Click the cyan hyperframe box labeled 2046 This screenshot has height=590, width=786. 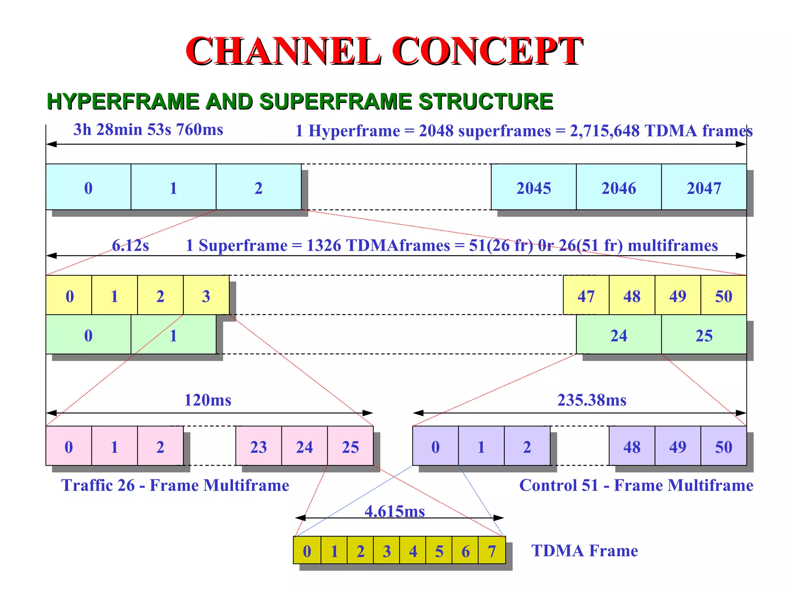[x=618, y=187]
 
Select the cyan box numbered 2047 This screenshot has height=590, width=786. [x=703, y=187]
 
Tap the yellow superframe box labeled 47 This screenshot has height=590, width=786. [x=586, y=295]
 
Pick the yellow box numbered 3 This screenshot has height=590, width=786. [x=206, y=295]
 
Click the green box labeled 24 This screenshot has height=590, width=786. [x=618, y=335]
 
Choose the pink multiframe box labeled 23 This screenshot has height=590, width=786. [x=258, y=446]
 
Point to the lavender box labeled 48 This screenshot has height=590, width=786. [x=631, y=446]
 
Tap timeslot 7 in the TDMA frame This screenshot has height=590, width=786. [x=492, y=551]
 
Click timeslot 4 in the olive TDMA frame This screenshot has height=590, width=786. [x=413, y=551]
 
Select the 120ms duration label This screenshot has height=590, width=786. [x=208, y=400]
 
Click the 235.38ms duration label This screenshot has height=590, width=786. [x=591, y=400]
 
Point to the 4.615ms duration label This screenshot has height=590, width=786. [x=395, y=511]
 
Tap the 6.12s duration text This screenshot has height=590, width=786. [x=130, y=245]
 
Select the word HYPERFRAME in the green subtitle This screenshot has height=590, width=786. [x=123, y=101]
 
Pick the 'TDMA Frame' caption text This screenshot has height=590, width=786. [x=584, y=550]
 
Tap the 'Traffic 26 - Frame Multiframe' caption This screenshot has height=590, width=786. [x=175, y=485]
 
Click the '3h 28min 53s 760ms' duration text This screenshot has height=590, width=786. [x=148, y=129]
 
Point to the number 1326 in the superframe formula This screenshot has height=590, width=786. [x=324, y=245]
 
